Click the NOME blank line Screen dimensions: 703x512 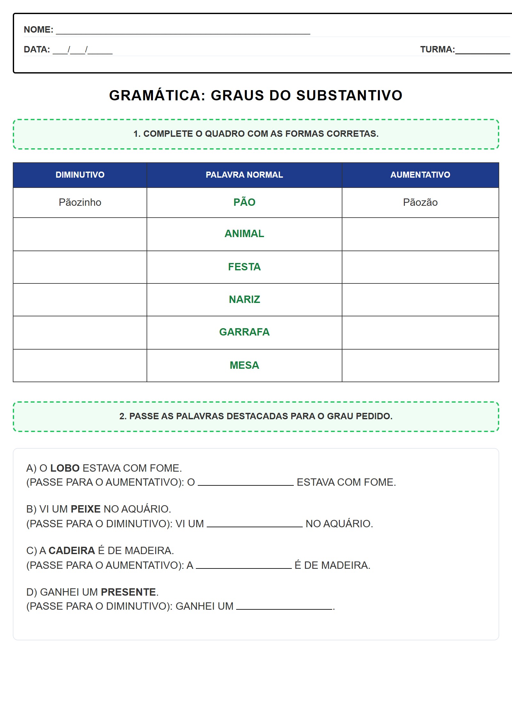(x=183, y=32)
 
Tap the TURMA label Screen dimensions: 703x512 (x=437, y=50)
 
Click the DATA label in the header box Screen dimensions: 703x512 (x=37, y=50)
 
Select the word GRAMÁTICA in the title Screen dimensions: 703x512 (x=157, y=96)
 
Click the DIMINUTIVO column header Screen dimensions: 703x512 (x=80, y=175)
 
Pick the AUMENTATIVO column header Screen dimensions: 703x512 (x=420, y=175)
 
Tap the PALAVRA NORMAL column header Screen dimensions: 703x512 (x=244, y=175)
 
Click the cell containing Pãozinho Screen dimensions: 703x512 (x=80, y=203)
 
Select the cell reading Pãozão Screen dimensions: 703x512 (x=420, y=203)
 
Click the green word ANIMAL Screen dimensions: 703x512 (x=244, y=234)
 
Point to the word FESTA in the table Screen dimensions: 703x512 (x=244, y=267)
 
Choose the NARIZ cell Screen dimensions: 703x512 (x=244, y=300)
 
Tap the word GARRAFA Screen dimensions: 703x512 (x=244, y=332)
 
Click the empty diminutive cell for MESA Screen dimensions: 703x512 (x=80, y=366)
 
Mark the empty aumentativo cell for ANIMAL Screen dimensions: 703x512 (x=420, y=234)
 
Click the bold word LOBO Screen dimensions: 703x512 (x=65, y=468)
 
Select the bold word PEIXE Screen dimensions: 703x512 (x=85, y=509)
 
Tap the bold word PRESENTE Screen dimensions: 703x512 (x=128, y=592)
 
